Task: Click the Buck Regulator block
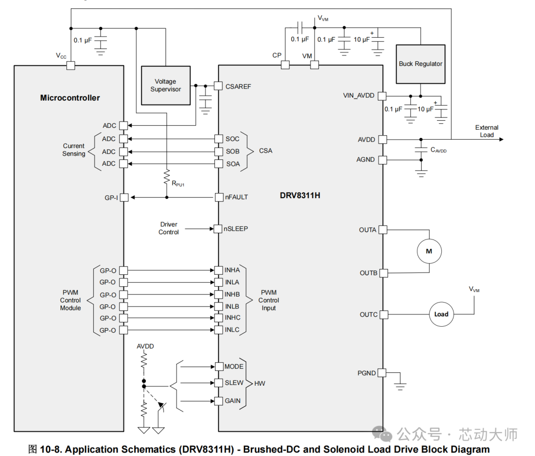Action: pyautogui.click(x=421, y=64)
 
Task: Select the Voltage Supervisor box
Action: pyautogui.click(x=165, y=86)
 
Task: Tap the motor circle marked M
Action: pyautogui.click(x=429, y=252)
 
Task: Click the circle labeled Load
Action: pyautogui.click(x=441, y=314)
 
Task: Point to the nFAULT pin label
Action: pyautogui.click(x=237, y=197)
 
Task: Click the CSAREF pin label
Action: pyautogui.click(x=238, y=86)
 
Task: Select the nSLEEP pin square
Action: pyautogui.click(x=218, y=229)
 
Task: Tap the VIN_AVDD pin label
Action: pyautogui.click(x=359, y=96)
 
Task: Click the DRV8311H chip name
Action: pyautogui.click(x=300, y=195)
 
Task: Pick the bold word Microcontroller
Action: pyautogui.click(x=70, y=98)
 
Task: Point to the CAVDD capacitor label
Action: pyautogui.click(x=438, y=150)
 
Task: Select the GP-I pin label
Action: pyautogui.click(x=110, y=197)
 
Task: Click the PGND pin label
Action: pyautogui.click(x=367, y=373)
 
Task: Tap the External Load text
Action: pyautogui.click(x=486, y=131)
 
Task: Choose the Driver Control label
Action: pyautogui.click(x=168, y=228)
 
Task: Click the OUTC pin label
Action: pyautogui.click(x=369, y=314)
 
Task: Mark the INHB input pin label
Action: pyautogui.click(x=232, y=294)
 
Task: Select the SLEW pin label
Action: pyautogui.click(x=234, y=383)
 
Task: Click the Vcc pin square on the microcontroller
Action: pyautogui.click(x=70, y=65)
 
